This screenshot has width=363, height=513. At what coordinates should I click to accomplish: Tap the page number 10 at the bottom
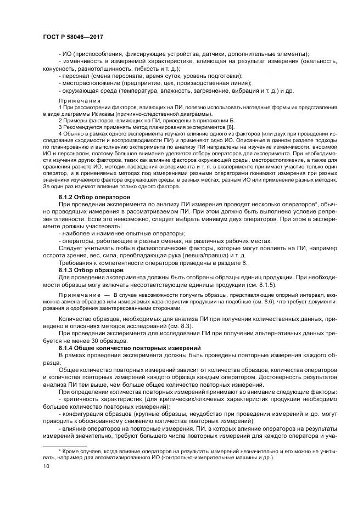pyautogui.click(x=44, y=465)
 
